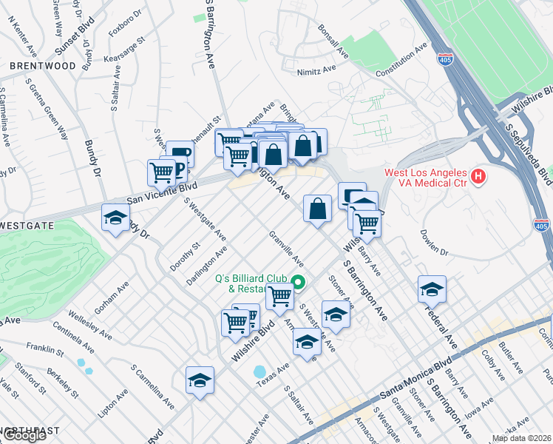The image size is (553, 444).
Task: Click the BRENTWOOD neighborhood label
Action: click(43, 66)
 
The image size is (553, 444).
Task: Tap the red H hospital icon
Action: click(478, 176)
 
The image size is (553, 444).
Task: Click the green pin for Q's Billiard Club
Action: click(298, 281)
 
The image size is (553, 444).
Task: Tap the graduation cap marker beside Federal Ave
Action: click(432, 289)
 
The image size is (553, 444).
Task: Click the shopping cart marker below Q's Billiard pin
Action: click(279, 297)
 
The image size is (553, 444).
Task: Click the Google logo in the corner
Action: click(24, 435)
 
